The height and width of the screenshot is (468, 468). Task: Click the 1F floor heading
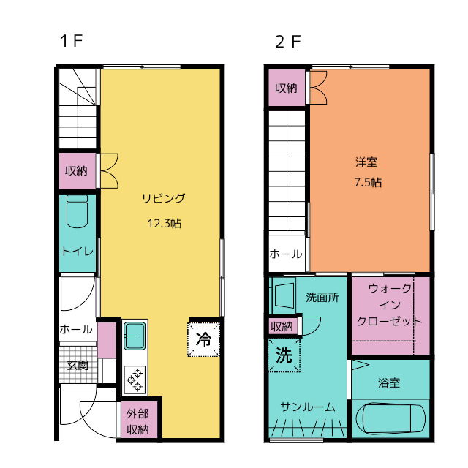pos(71,41)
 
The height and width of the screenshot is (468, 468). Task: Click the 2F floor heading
pos(287,41)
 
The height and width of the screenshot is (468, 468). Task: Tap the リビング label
pos(163,197)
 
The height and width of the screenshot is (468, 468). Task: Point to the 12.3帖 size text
pos(164,224)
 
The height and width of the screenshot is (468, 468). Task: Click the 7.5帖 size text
pos(366,183)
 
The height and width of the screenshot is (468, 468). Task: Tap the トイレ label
pos(77,251)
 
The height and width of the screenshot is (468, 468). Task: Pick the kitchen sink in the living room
pos(134,336)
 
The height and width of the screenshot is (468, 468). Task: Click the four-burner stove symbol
pos(135,378)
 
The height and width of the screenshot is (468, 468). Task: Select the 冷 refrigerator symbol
pos(204,339)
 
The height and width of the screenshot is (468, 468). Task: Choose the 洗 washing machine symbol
pos(283,355)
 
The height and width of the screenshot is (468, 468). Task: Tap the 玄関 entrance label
pos(78,365)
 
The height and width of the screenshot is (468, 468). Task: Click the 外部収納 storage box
pos(139,422)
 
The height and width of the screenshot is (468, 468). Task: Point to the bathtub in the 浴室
pos(390,420)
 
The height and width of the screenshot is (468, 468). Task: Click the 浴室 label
pos(389,382)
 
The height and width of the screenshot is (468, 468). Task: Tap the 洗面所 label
pos(322,298)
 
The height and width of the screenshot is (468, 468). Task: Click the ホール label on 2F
pos(285,254)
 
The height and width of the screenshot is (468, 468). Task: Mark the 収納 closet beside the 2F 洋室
pos(286,88)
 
